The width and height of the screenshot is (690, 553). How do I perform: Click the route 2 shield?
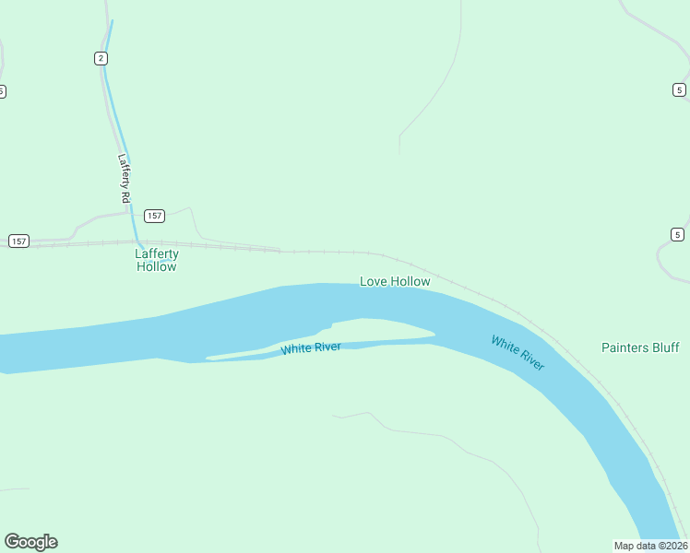tap(101, 58)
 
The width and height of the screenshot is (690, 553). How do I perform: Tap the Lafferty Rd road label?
tap(125, 178)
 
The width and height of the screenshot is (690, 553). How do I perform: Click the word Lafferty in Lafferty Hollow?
tap(157, 253)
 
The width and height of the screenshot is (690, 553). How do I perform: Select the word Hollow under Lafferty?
tap(157, 266)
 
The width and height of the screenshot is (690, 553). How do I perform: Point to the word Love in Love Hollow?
tap(373, 281)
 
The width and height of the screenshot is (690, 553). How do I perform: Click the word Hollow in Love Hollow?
tap(410, 281)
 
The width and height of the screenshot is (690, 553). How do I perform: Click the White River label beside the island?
tap(311, 347)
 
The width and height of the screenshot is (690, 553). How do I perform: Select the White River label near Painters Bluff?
tap(517, 353)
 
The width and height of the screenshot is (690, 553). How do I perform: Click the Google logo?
tap(30, 542)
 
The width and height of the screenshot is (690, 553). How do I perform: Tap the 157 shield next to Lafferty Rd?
tap(154, 216)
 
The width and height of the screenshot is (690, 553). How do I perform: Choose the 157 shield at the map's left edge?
tap(18, 241)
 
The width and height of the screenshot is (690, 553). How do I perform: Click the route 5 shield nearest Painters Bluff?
tap(678, 233)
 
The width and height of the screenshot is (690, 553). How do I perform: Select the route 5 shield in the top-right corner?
tap(679, 89)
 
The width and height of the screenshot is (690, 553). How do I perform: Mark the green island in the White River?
tap(378, 329)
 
